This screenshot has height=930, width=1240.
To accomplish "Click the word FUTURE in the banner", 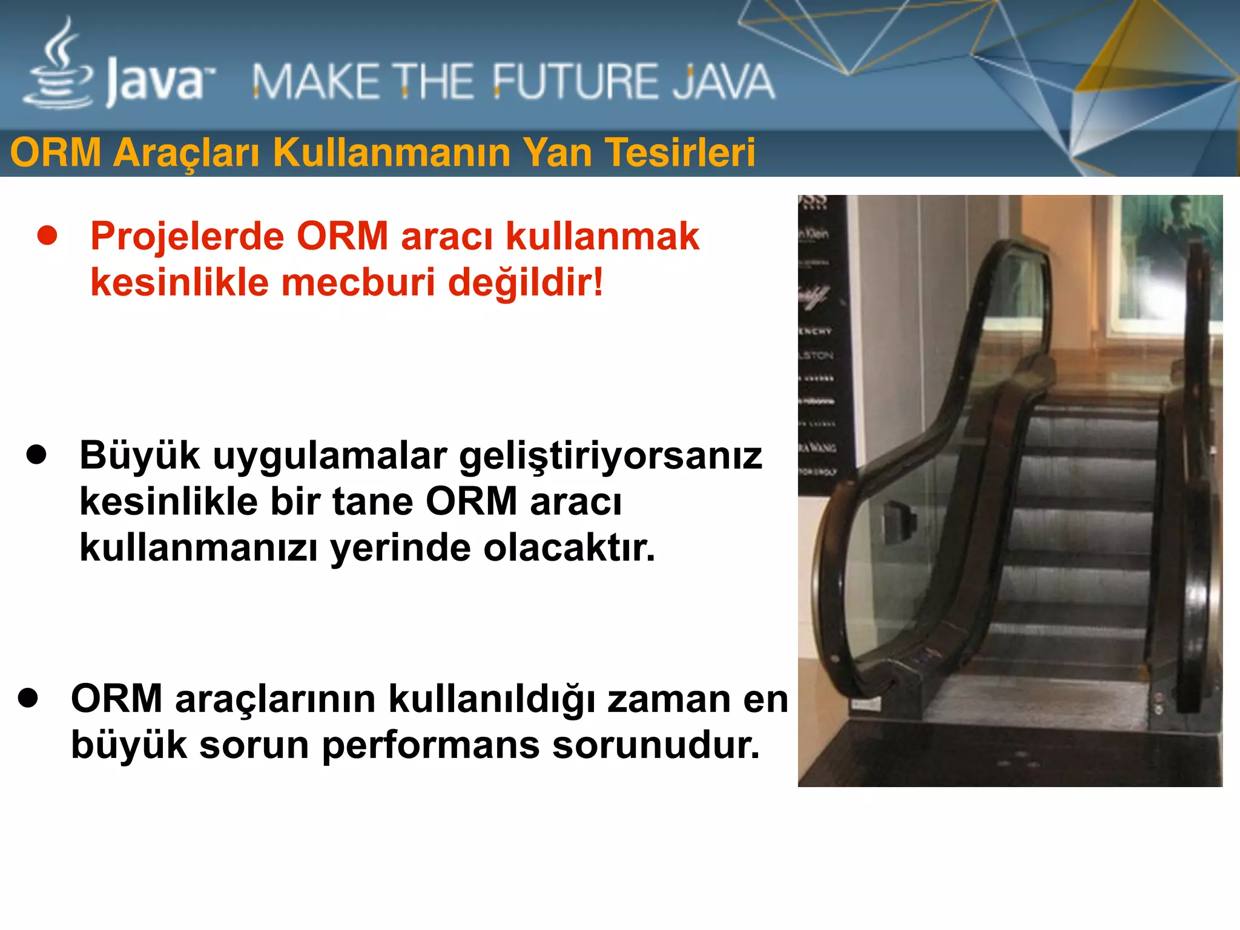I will (x=573, y=82).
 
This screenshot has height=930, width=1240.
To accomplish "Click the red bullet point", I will (x=47, y=236).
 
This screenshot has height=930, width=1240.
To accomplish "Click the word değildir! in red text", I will (x=526, y=283).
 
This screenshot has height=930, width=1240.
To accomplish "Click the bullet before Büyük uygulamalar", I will (x=36, y=455).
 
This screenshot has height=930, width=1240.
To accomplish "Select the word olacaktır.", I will (x=569, y=548).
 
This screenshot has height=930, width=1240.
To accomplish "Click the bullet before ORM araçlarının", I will (x=28, y=698).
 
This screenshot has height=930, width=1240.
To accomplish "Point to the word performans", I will (x=430, y=745).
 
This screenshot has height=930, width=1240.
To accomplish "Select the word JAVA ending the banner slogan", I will (x=724, y=82).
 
